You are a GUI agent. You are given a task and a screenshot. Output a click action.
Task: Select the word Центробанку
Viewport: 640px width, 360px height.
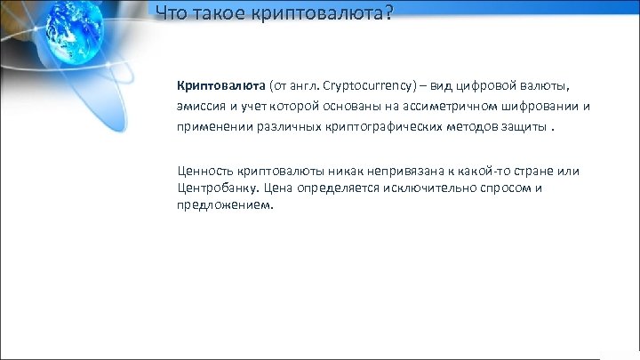click(x=216, y=188)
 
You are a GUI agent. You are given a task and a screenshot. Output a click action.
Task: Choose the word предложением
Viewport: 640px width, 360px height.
click(x=225, y=205)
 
